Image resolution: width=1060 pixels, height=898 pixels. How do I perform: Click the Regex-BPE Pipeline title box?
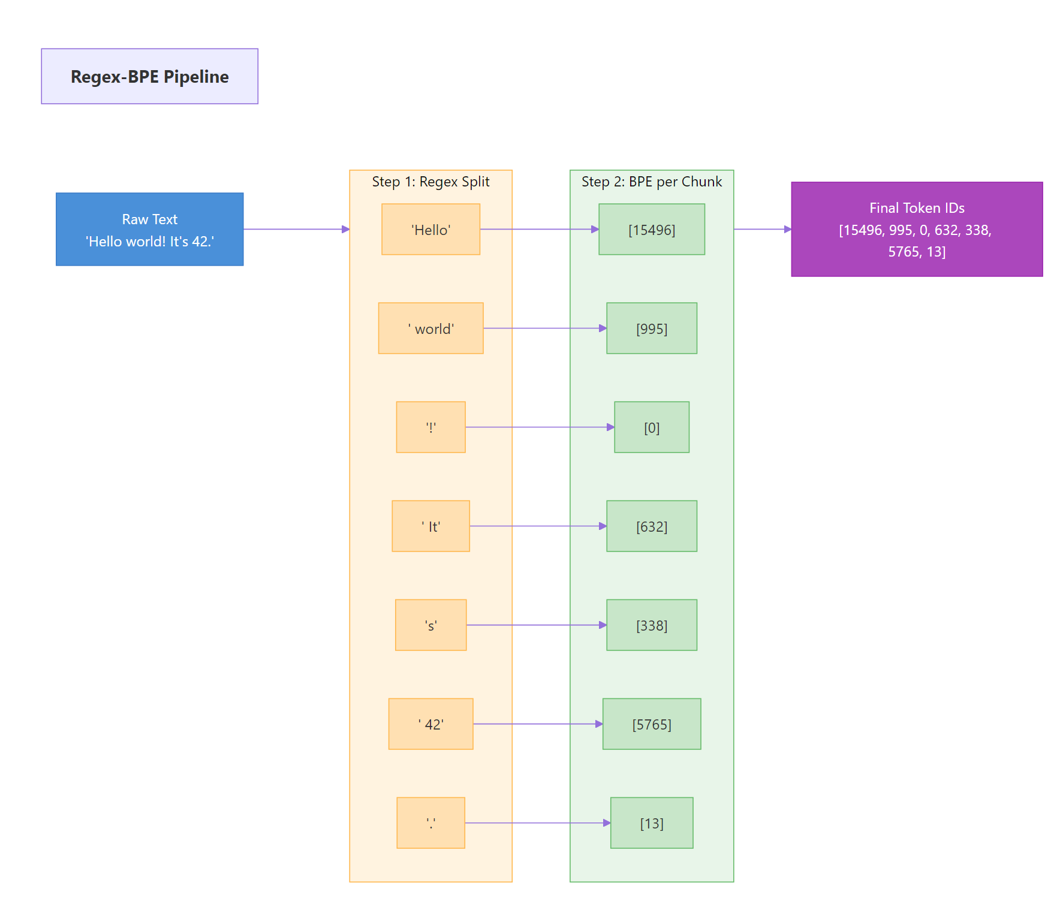tap(149, 76)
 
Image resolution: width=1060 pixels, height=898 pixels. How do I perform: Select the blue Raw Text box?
tap(149, 229)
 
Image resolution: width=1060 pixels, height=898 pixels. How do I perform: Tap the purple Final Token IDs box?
tap(916, 229)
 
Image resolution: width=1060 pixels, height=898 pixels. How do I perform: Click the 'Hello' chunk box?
tap(430, 229)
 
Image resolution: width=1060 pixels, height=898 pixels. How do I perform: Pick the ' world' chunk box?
tap(430, 328)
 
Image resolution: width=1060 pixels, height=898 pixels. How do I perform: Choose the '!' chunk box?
tap(430, 427)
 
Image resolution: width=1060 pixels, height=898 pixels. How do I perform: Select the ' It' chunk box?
tap(430, 526)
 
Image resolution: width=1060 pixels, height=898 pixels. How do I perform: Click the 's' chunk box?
tap(430, 625)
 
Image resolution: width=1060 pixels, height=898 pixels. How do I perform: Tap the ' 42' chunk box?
tap(430, 724)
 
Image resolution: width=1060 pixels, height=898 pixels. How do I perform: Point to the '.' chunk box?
tap(430, 822)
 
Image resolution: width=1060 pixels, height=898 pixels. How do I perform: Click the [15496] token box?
tap(651, 229)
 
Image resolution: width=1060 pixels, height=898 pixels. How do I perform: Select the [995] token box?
tap(651, 328)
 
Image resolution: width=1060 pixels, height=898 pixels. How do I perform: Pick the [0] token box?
tap(651, 427)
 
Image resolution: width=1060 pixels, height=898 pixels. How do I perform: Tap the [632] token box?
tap(651, 526)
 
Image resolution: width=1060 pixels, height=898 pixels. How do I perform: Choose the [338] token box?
tap(651, 625)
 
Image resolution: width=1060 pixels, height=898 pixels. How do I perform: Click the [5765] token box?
tap(651, 724)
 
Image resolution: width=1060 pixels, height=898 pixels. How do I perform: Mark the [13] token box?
tap(651, 822)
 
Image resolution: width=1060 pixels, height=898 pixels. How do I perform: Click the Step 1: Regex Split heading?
tap(430, 182)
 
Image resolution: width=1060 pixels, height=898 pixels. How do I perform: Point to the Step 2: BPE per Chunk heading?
tap(651, 182)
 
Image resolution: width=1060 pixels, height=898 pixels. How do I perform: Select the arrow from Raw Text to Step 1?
tap(296, 229)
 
